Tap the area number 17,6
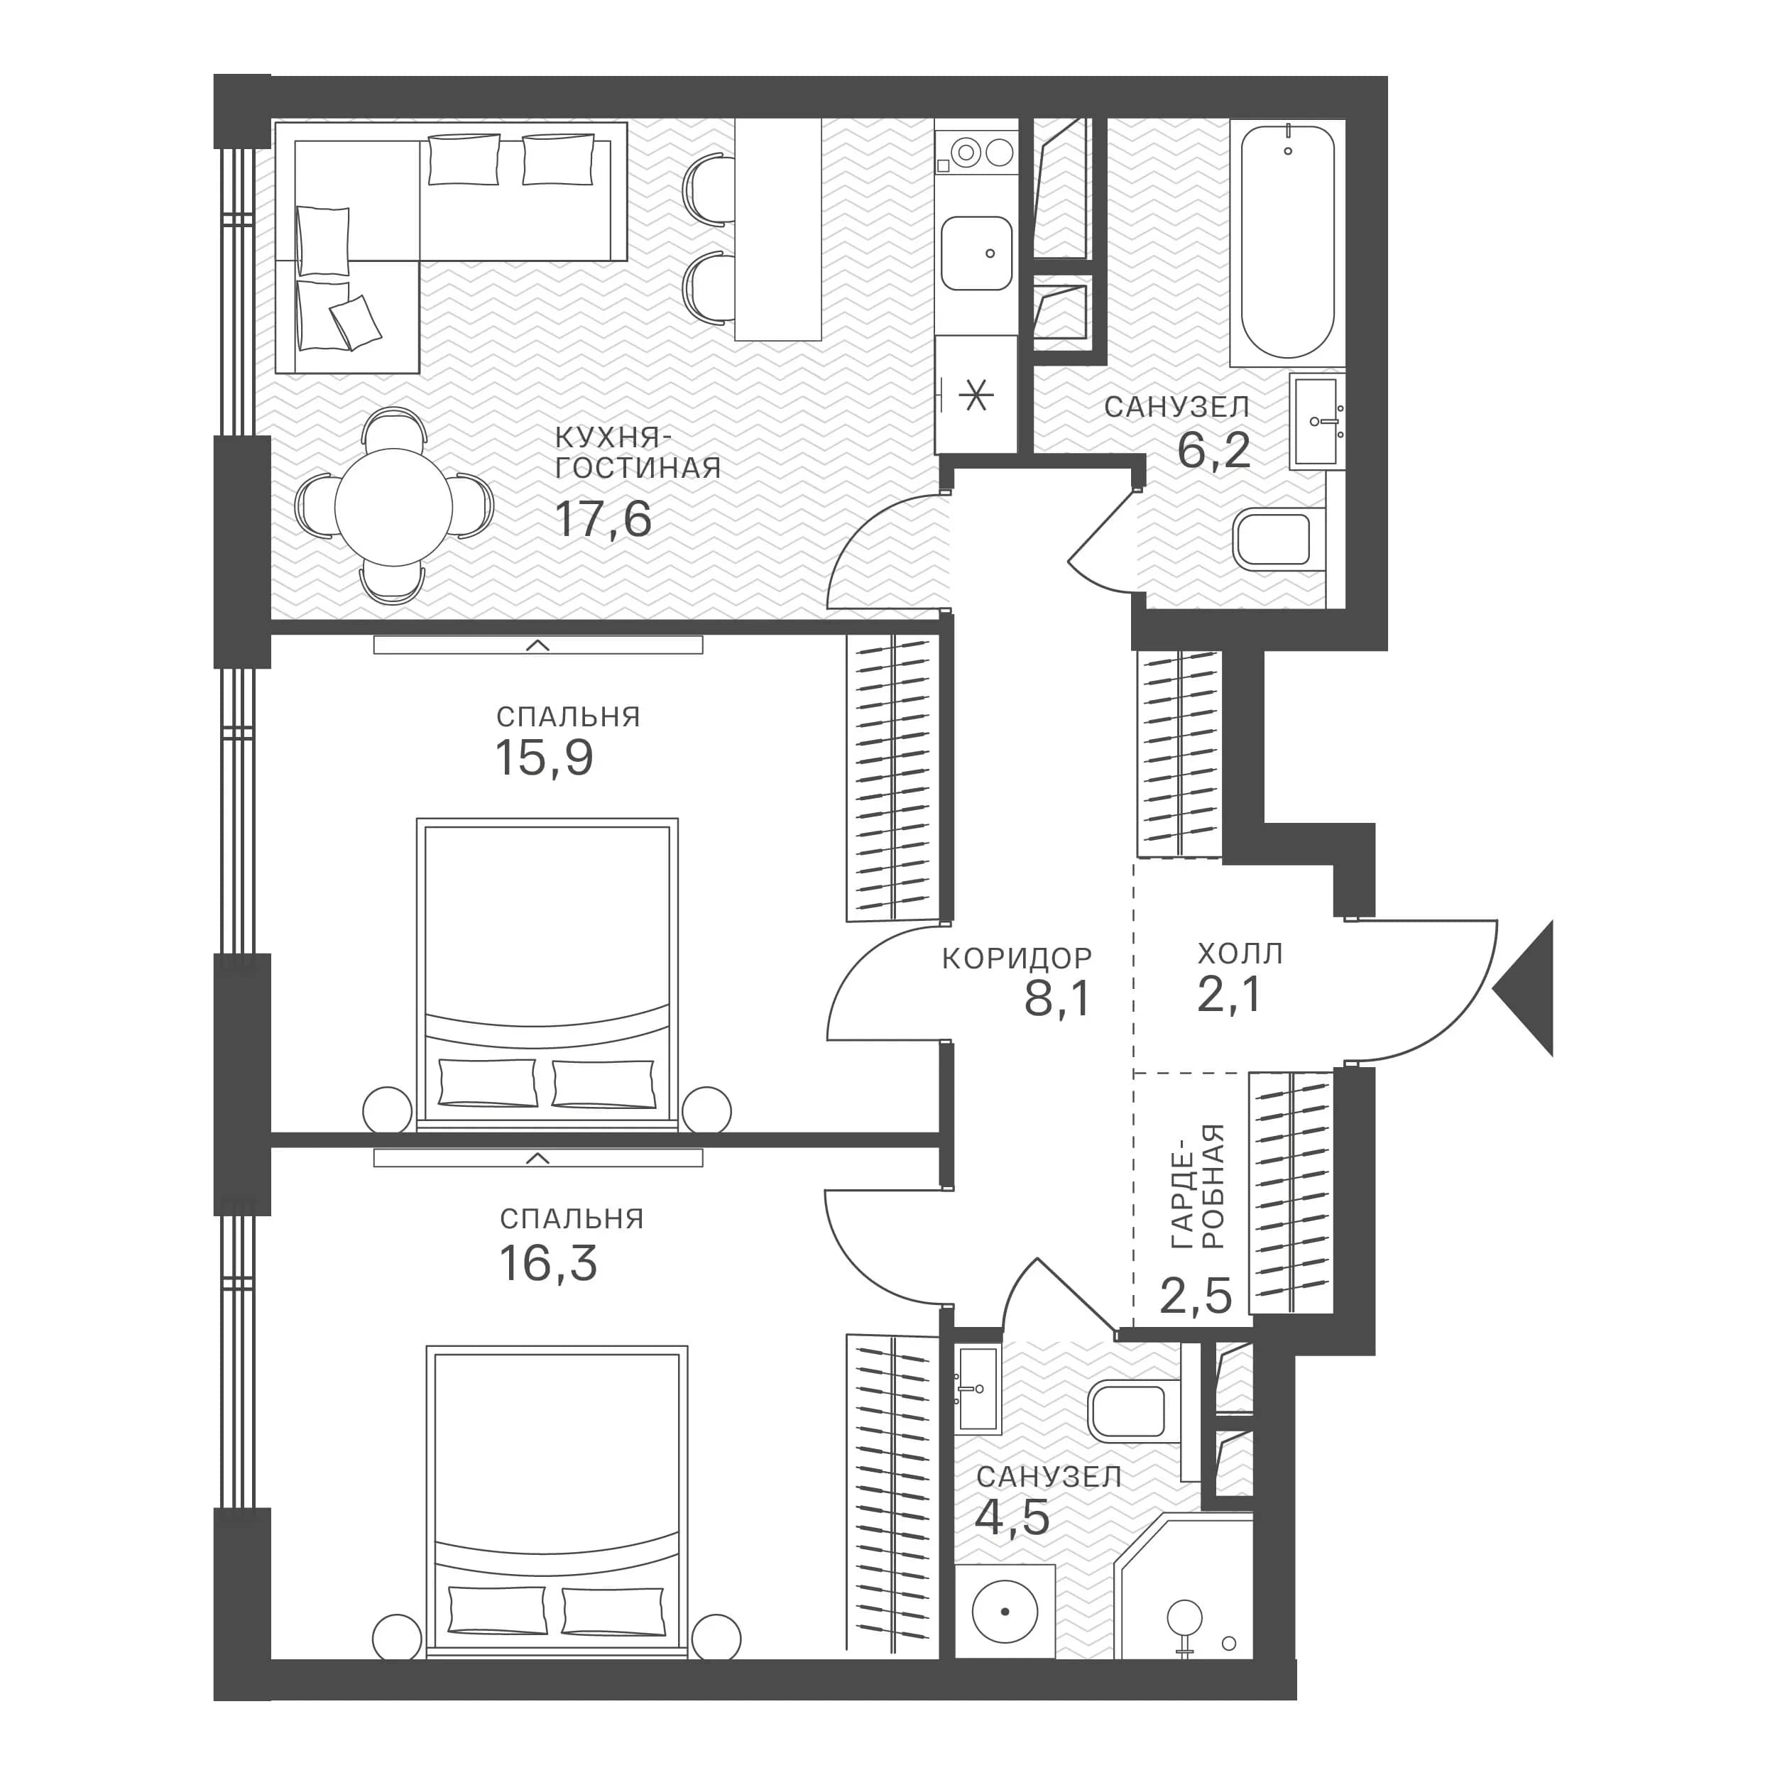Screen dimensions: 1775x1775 603,519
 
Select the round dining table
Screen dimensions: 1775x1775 393,507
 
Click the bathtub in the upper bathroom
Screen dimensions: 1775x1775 1287,241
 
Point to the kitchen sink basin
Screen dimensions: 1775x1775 976,253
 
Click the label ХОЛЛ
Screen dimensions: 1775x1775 1240,954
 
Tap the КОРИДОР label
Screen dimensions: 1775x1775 1017,959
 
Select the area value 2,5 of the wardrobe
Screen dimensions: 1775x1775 1195,1296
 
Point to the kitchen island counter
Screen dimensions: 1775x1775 778,229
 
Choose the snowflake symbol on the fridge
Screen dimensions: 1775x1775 976,396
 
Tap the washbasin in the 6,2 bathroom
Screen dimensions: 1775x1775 1316,422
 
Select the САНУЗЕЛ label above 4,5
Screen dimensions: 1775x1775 1049,1478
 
